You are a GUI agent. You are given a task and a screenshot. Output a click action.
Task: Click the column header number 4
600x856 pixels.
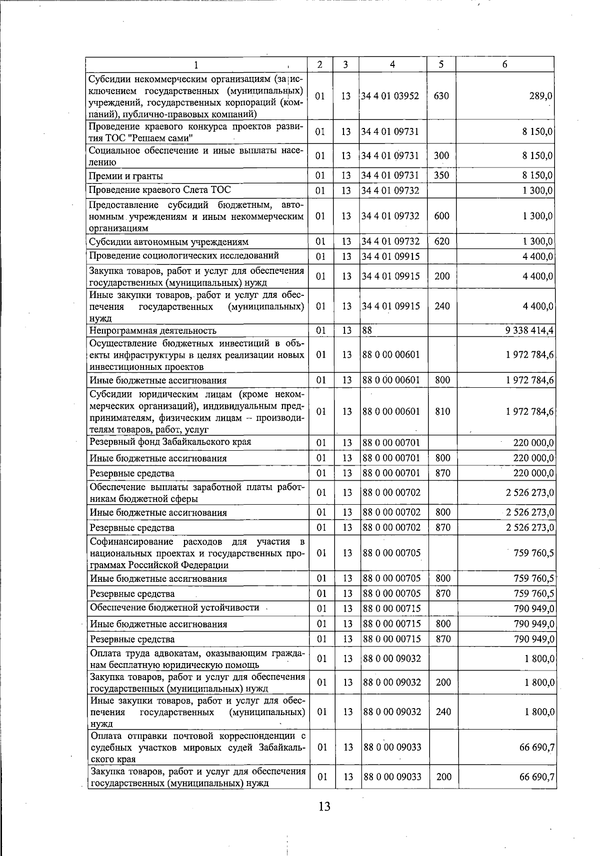392,64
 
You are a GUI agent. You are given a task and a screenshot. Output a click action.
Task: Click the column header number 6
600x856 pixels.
505,64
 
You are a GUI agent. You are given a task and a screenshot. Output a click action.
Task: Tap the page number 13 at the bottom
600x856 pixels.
324,806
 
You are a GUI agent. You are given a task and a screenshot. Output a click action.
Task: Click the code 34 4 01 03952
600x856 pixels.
390,96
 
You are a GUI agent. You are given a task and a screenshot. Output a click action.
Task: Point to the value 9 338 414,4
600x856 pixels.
529,330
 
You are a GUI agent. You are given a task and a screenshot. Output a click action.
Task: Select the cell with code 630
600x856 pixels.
441,96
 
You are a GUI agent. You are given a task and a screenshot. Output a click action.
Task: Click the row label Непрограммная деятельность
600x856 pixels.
152,330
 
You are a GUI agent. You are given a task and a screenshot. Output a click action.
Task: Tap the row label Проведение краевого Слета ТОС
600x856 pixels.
159,190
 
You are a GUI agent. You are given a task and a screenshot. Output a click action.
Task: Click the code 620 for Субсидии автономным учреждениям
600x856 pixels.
441,242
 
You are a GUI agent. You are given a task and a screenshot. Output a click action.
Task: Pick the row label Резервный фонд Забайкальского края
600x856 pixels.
170,442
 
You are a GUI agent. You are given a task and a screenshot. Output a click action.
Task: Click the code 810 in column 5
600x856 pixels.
442,412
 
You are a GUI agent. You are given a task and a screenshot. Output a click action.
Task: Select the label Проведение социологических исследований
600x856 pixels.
183,256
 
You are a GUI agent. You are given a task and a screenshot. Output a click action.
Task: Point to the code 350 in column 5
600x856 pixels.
441,175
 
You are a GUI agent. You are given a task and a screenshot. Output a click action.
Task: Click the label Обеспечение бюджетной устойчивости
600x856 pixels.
174,608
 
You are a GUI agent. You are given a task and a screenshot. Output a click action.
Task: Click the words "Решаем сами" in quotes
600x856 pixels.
165,138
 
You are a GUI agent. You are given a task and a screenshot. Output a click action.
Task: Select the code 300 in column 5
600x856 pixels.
441,156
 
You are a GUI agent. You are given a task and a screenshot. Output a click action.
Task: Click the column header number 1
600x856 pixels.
196,64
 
